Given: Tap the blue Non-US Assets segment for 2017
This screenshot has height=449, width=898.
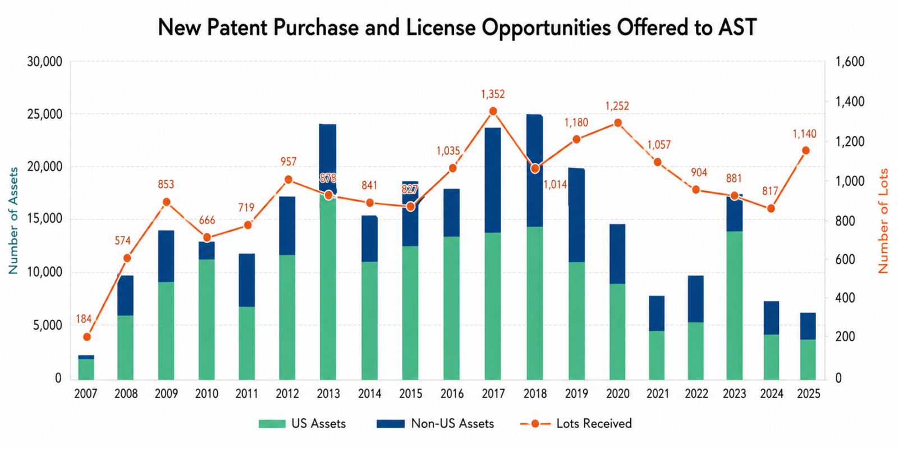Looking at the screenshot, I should pos(493,180).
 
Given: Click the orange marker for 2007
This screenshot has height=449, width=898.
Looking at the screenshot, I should pos(86,337).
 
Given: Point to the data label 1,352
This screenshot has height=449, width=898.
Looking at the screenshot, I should pos(493,94).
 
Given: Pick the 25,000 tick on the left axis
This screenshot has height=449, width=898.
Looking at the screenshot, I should pos(44,114).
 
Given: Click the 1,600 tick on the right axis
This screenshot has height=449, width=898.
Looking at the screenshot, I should pos(850,62).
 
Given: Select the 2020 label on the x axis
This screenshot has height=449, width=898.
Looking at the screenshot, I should pos(617,394).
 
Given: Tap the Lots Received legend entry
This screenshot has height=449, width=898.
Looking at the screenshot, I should pos(594,424).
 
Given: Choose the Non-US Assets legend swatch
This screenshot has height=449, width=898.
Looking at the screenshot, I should pos(391,424).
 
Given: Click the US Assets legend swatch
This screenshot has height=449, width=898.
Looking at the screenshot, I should pos(272,424).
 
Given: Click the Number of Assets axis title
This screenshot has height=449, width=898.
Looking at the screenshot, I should pos(13,221).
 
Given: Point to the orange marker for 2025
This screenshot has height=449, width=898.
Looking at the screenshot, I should pos(805,150).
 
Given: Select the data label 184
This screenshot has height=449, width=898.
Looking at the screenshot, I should pos(84,319).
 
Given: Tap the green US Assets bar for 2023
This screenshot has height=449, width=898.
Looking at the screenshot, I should pos(734,306).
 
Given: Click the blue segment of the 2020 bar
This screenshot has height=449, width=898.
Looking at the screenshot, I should pos(617,254).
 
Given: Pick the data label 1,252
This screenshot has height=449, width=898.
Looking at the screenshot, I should pos(617,106).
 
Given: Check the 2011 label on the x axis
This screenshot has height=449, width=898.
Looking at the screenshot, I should pos(246,394).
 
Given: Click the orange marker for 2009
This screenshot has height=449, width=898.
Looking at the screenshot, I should pos(166,202).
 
